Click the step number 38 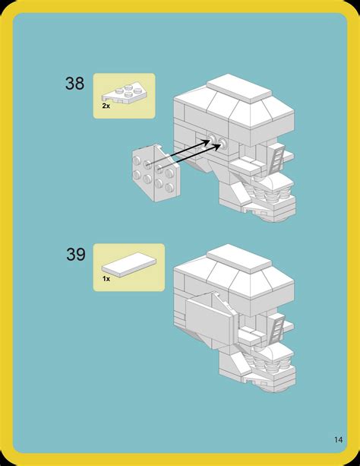click(x=75, y=84)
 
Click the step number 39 click(x=75, y=255)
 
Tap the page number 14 click(x=337, y=439)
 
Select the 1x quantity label click(x=106, y=279)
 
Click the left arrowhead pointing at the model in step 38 click(x=207, y=141)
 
